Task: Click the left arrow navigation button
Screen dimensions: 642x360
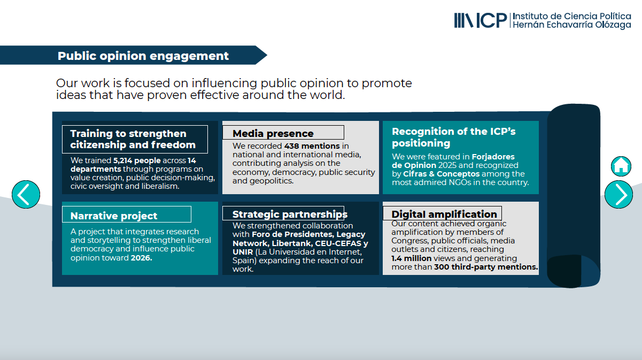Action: click(x=26, y=195)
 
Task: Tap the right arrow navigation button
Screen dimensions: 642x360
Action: click(x=618, y=195)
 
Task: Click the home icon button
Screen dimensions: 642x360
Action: click(x=621, y=166)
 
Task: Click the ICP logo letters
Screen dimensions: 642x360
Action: click(x=492, y=20)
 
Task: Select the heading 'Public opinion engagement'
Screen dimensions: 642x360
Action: click(x=143, y=56)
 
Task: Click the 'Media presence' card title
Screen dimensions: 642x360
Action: click(x=273, y=133)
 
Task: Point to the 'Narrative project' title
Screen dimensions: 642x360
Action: click(x=113, y=216)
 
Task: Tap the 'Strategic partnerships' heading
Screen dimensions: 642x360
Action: click(x=290, y=215)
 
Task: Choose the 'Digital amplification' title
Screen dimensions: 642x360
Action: click(x=444, y=214)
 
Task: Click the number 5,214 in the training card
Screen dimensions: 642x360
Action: click(x=122, y=160)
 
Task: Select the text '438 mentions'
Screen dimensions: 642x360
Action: click(x=312, y=145)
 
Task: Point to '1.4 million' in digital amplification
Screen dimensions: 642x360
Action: click(x=411, y=258)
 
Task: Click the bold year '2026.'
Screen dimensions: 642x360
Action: click(x=141, y=258)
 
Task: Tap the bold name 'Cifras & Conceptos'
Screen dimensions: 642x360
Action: click(x=441, y=174)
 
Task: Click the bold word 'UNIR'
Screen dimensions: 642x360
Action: click(x=243, y=252)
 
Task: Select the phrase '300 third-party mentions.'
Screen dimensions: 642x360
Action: click(x=486, y=267)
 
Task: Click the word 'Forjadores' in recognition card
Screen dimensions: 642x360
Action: click(x=493, y=157)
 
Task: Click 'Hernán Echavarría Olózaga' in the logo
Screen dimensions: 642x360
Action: click(x=572, y=25)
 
